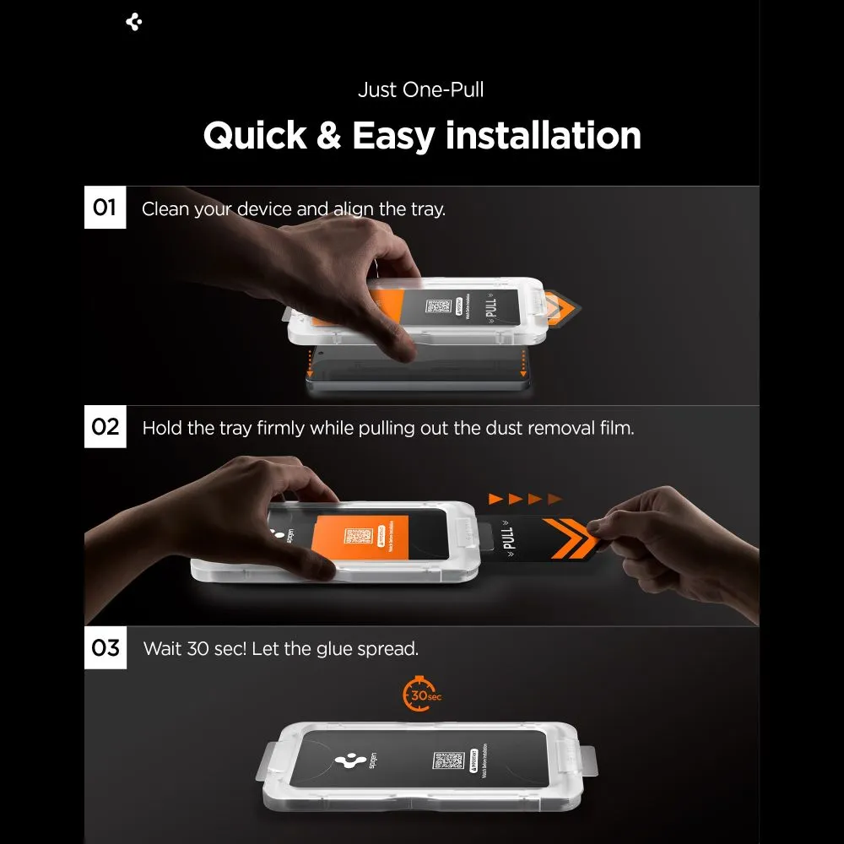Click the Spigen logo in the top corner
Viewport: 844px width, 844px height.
coord(133,23)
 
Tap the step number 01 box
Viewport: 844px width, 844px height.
coord(105,208)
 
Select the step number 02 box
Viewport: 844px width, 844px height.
coord(105,426)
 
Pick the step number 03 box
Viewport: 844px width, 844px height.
coord(105,648)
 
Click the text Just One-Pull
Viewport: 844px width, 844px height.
coord(420,90)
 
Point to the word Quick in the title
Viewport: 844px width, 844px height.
coord(255,135)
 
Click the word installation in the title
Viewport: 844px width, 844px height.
coord(543,135)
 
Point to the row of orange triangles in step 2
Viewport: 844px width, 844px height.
coord(524,499)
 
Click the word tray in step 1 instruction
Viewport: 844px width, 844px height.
coord(427,209)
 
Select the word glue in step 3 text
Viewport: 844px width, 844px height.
coord(341,649)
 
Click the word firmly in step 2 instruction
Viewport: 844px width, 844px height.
coord(278,428)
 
